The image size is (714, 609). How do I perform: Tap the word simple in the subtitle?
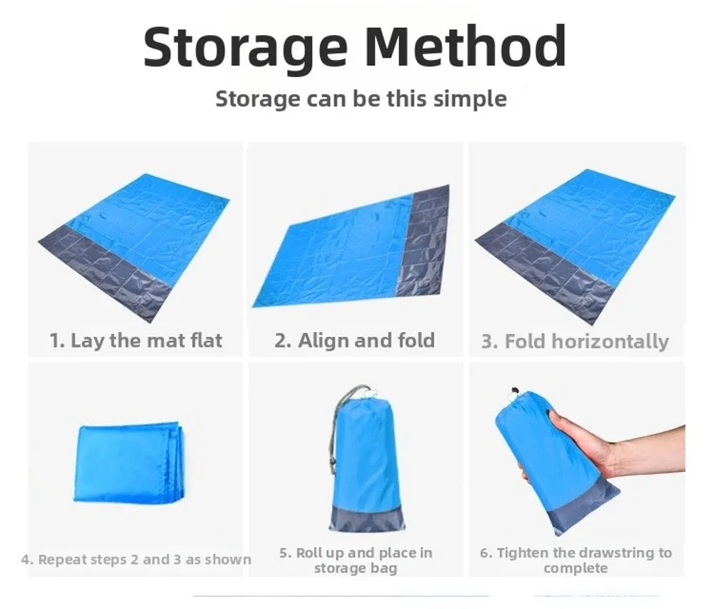pyautogui.click(x=470, y=99)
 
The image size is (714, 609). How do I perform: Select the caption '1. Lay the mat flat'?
pyautogui.click(x=136, y=341)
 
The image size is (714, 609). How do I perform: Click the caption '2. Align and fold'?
pyautogui.click(x=355, y=341)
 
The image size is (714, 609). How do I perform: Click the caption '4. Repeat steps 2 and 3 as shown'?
pyautogui.click(x=136, y=560)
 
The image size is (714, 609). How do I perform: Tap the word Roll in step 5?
pyautogui.click(x=308, y=553)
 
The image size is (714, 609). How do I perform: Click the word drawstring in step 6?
pyautogui.click(x=610, y=553)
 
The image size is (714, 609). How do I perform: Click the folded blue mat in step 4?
pyautogui.click(x=131, y=464)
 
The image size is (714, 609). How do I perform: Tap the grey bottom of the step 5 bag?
pyautogui.click(x=367, y=518)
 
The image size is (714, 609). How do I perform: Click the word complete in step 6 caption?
pyautogui.click(x=575, y=568)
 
